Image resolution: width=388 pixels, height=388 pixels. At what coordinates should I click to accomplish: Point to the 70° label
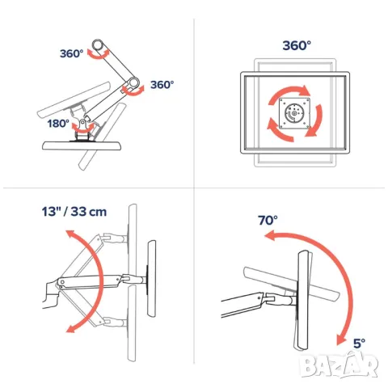pyautogui.click(x=268, y=220)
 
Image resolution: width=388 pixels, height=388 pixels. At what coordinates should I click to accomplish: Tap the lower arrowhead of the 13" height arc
pyautogui.click(x=70, y=328)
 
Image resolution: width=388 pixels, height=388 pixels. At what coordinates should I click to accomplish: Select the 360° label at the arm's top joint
pyautogui.click(x=71, y=53)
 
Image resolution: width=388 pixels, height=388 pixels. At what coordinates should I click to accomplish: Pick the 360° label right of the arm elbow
pyautogui.click(x=162, y=84)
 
